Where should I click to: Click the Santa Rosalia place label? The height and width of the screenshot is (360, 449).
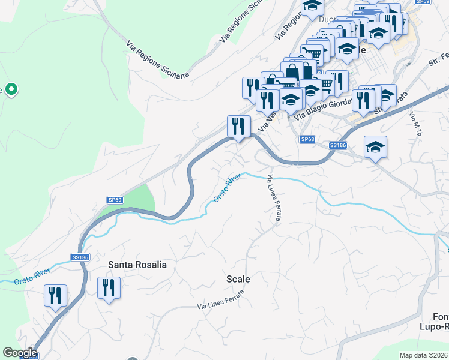tap(137, 264)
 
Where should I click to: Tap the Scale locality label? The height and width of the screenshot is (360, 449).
tap(238, 279)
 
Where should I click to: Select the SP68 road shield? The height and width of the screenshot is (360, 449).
tap(307, 140)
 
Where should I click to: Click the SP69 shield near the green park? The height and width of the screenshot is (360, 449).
tap(115, 200)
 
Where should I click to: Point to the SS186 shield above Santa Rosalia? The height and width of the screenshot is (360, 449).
tap(80, 257)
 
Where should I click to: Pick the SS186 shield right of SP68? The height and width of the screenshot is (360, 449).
tap(338, 145)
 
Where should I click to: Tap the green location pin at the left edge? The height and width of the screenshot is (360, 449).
tap(11, 90)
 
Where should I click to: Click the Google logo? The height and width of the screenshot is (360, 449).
tap(20, 353)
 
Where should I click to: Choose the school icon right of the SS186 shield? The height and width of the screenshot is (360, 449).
tap(375, 148)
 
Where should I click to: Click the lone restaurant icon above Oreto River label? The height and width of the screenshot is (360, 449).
tap(238, 127)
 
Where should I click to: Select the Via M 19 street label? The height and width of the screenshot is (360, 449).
tap(414, 122)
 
